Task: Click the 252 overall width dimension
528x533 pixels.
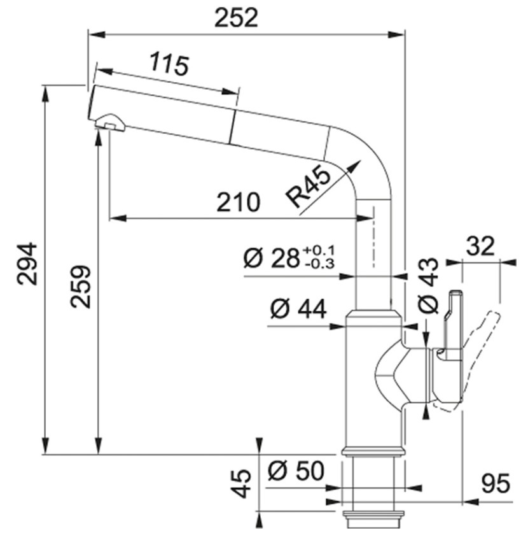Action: pos(237,18)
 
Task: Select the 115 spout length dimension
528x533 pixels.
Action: pos(169,63)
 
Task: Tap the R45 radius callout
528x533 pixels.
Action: pos(308,187)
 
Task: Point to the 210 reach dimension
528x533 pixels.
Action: pos(239,202)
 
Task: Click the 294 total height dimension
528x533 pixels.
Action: pos(27,264)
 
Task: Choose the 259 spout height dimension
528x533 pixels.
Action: pos(81,287)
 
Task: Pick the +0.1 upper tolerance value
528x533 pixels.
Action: pos(318,251)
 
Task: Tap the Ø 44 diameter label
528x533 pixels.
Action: pos(298,309)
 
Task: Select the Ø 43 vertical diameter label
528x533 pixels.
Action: pos(428,285)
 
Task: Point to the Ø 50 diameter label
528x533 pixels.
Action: pos(296,471)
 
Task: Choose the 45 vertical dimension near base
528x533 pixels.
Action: pos(240,484)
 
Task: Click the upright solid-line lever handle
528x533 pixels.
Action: pos(451,326)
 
